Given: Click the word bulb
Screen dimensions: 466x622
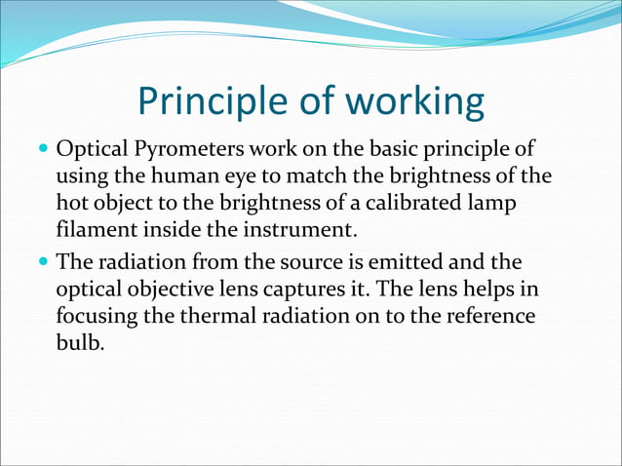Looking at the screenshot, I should [x=78, y=344].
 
